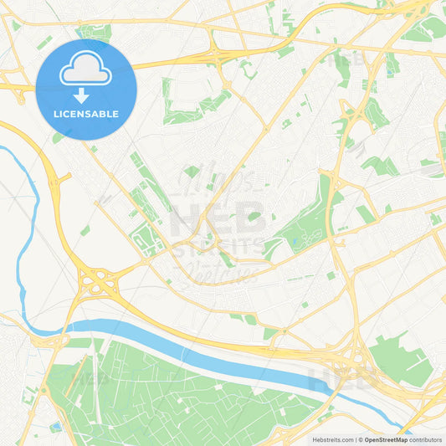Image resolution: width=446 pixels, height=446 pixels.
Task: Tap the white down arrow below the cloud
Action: pos(86,95)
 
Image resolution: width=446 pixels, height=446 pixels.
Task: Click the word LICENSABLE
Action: pos(86,114)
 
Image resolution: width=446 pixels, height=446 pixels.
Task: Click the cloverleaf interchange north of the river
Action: pos(98,281)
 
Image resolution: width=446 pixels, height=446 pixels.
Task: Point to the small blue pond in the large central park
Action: pos(295,242)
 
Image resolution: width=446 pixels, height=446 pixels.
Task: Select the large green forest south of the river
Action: pos(167,393)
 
